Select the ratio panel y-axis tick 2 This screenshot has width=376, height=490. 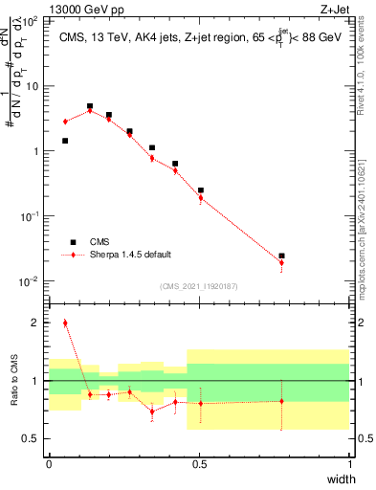(36, 323)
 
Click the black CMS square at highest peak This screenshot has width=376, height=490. (90, 106)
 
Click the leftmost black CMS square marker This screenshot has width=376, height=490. (65, 141)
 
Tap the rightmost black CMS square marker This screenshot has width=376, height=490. (281, 256)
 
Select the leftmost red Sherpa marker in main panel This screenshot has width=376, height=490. (65, 122)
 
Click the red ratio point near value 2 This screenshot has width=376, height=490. (65, 323)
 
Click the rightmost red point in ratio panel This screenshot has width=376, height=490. (281, 401)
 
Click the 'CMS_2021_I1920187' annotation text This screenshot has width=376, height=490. (198, 286)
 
